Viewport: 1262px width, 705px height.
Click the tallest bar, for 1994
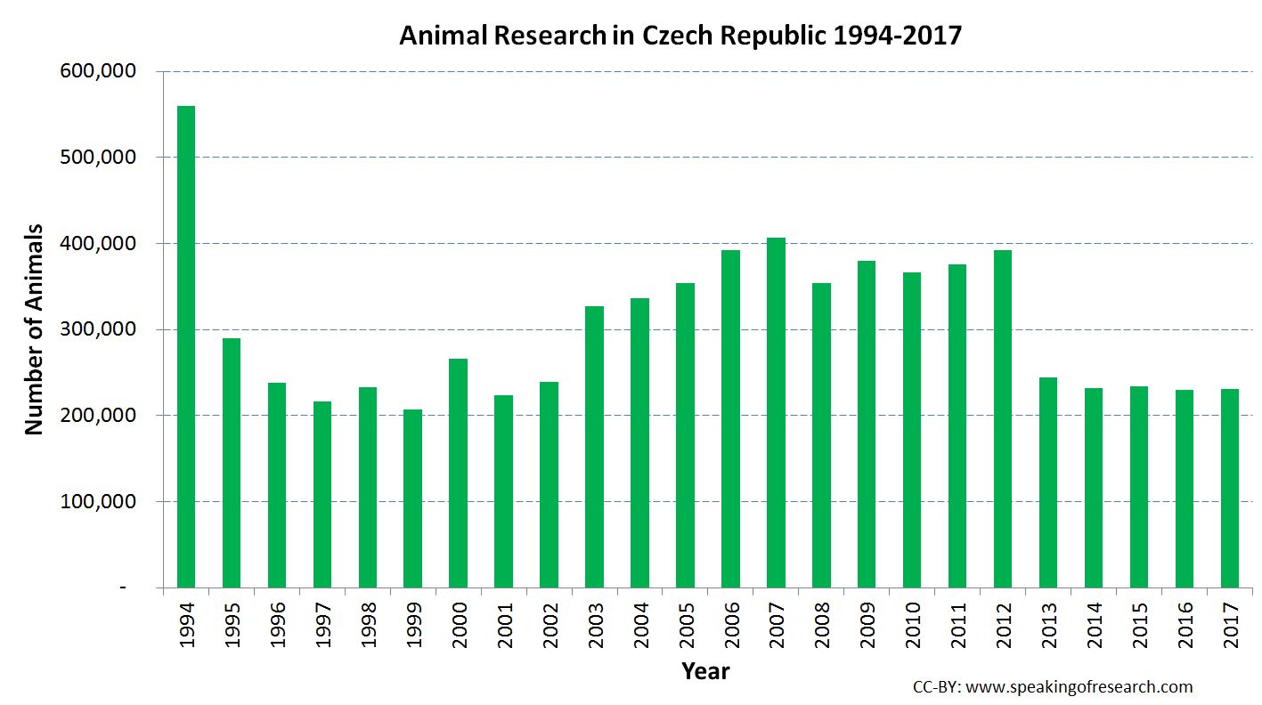click(x=186, y=347)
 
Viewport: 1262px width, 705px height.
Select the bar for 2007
click(x=776, y=413)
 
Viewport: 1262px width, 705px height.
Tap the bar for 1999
click(x=412, y=498)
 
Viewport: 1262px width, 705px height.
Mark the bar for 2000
click(x=458, y=473)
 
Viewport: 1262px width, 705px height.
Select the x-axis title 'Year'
click(x=705, y=671)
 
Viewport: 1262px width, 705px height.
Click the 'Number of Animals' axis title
click(x=34, y=329)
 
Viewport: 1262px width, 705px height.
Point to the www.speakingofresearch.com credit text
click(x=1079, y=687)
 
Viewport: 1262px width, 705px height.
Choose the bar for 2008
click(x=821, y=435)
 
